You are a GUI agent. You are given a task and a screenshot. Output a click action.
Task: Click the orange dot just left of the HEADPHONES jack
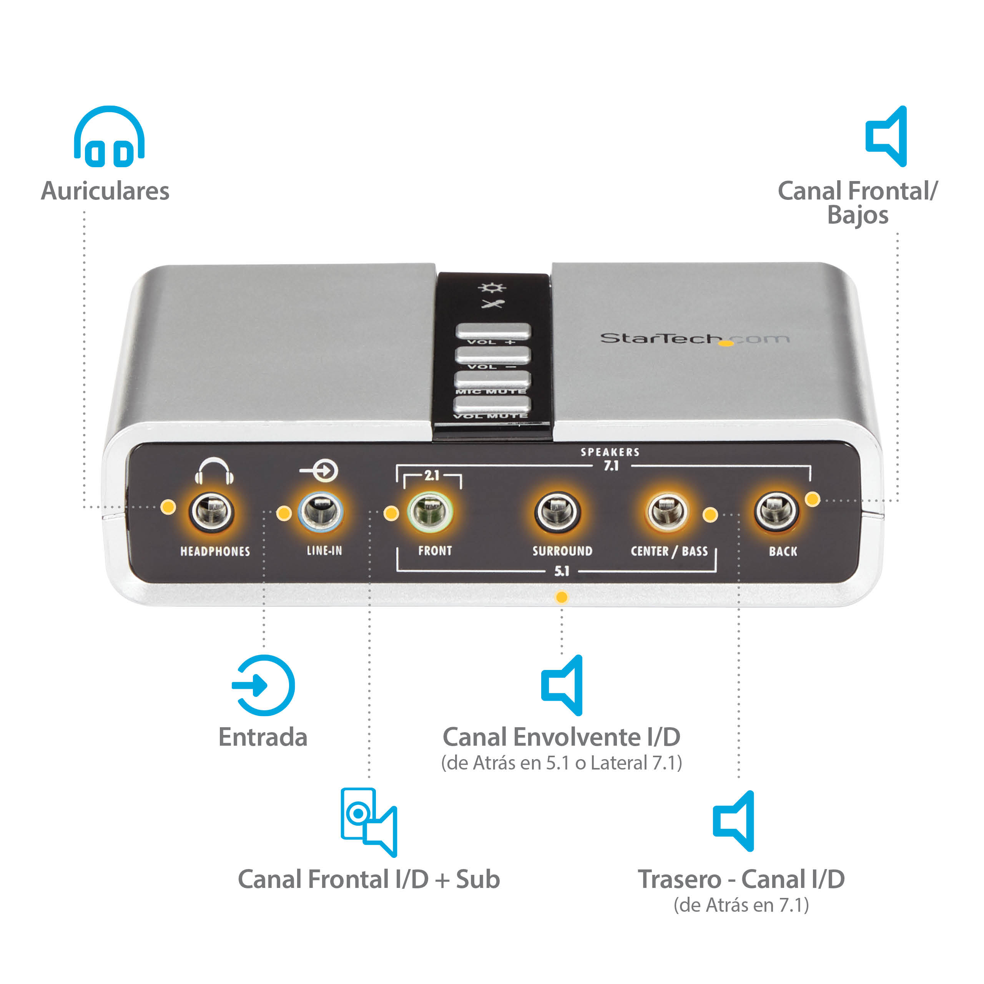[168, 506]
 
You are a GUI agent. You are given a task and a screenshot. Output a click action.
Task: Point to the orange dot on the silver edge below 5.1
[561, 597]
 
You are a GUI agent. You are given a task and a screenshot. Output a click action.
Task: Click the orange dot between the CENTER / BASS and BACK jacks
[710, 514]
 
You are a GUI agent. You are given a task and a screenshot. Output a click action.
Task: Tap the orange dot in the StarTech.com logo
[726, 343]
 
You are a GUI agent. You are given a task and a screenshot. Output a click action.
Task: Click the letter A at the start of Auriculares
[50, 191]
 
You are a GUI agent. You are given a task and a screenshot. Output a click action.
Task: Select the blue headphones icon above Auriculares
[109, 136]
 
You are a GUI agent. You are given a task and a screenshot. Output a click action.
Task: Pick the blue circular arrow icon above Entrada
[263, 685]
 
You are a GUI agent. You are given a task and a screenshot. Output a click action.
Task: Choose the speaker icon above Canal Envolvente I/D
[562, 685]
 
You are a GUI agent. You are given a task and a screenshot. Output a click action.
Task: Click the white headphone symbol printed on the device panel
[214, 470]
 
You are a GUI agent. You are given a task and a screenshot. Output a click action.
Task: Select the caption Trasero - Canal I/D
[741, 879]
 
